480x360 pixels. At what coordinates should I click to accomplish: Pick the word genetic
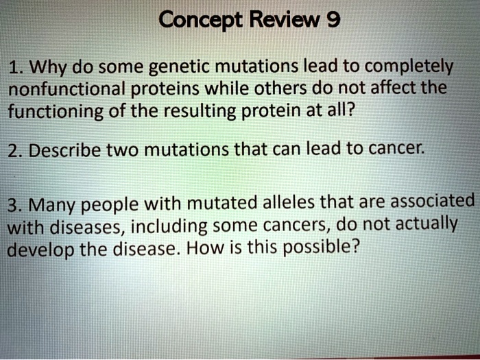coord(179,68)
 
